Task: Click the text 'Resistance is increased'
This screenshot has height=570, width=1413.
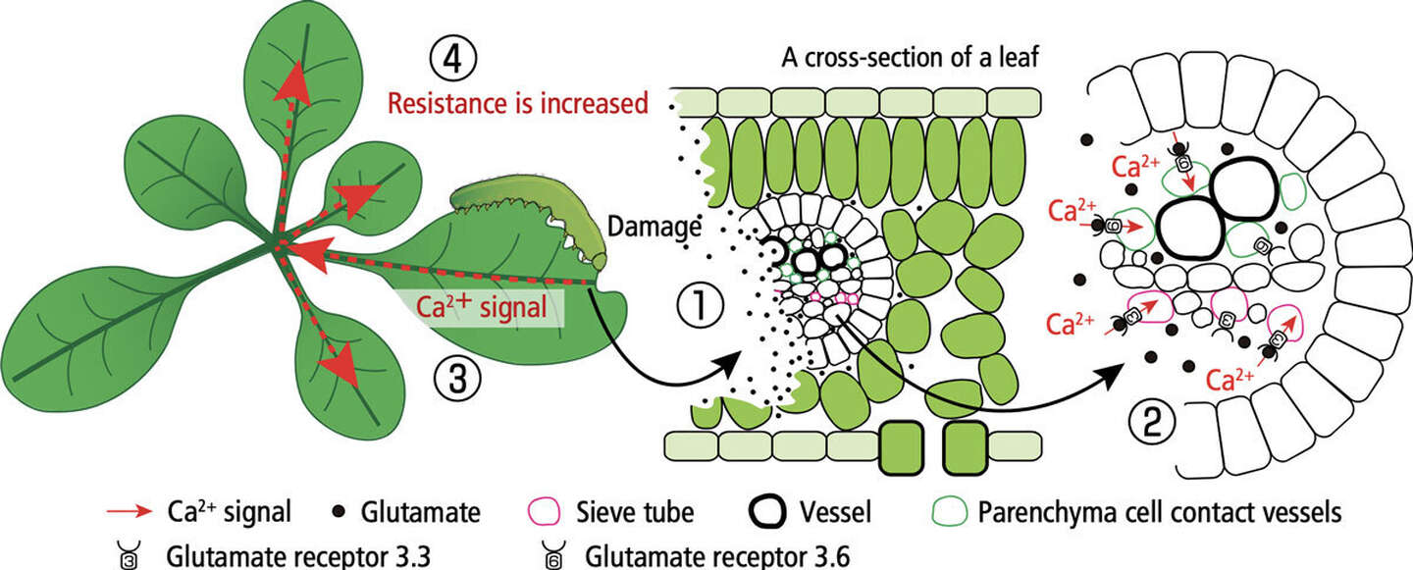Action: [518, 102]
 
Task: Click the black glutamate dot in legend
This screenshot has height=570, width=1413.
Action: [340, 512]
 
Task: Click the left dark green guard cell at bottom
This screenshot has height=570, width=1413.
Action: [903, 448]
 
